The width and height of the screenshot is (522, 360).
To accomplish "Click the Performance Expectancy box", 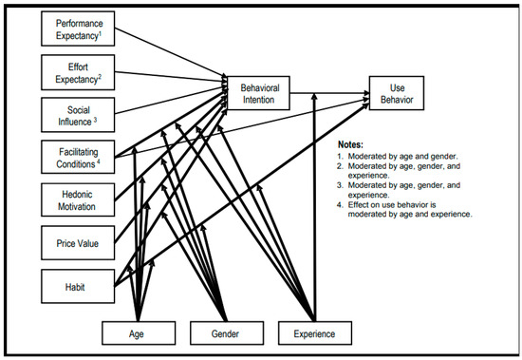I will point(77,28).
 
